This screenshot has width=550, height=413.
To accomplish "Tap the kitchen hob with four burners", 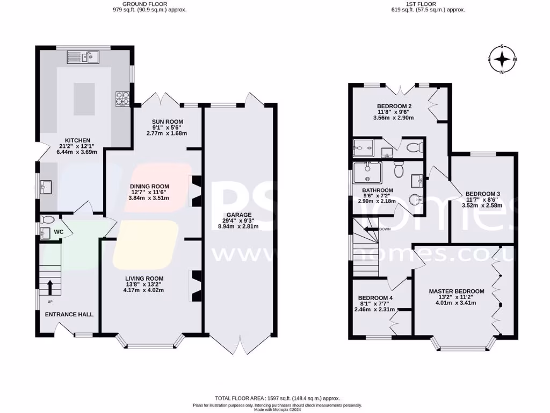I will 122,98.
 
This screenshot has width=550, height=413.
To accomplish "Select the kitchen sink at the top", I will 89,56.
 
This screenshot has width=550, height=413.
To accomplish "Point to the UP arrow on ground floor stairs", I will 49,286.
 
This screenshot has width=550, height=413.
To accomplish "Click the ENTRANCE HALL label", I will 69,314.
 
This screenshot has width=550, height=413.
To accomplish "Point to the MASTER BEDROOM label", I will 457,291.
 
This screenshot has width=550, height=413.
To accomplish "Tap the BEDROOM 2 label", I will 395,106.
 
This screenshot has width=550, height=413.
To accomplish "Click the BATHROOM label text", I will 378,190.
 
